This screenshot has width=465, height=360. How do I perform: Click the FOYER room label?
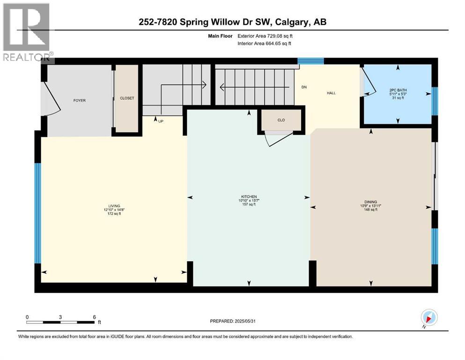pos(79,100)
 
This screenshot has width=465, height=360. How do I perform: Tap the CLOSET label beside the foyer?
pos(127,98)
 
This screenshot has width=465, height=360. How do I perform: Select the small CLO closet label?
pos(281,120)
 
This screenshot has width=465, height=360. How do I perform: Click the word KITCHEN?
pos(249,196)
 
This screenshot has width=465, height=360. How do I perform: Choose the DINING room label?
pos(371,202)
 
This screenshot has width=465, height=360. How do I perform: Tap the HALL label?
pos(332,93)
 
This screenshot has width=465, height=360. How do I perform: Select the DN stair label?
pos(304,87)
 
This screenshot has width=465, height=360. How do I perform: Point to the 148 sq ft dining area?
pos(371,210)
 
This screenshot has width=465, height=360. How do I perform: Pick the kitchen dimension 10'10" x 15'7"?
pos(249,201)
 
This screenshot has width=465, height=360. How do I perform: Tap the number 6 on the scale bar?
pos(94,317)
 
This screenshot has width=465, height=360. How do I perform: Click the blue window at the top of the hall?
pos(311,61)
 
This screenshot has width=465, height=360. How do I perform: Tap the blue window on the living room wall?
pos(37,214)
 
